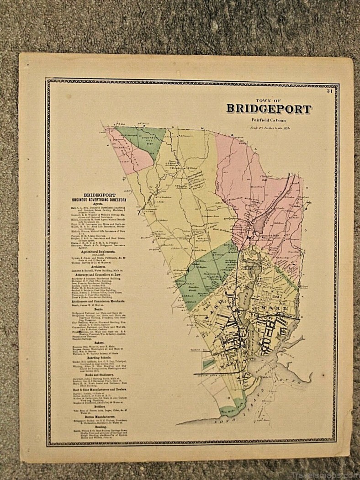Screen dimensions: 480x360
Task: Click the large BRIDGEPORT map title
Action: [269, 109]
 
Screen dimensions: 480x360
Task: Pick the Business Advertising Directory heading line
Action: [102, 200]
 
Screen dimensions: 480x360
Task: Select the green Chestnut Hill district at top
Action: [142, 139]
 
